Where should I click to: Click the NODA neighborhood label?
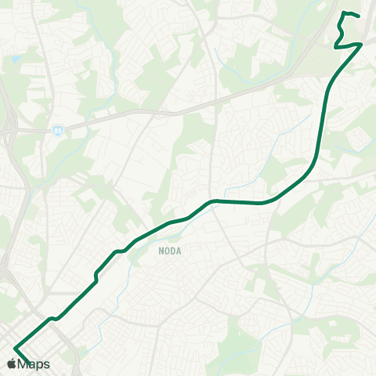click(170, 252)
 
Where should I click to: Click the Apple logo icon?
click(12, 364)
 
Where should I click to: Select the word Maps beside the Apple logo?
click(34, 364)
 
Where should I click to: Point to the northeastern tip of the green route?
click(358, 16)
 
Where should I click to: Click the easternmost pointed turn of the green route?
click(361, 45)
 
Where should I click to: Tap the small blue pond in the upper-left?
click(15, 59)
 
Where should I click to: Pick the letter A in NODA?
click(179, 252)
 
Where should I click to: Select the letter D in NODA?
click(173, 252)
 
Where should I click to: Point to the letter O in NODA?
click(167, 252)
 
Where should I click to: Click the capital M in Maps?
click(23, 364)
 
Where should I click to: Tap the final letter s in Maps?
click(46, 365)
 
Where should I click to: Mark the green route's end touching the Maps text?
click(29, 361)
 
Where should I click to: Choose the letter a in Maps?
click(32, 365)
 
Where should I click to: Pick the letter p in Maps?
click(39, 366)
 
